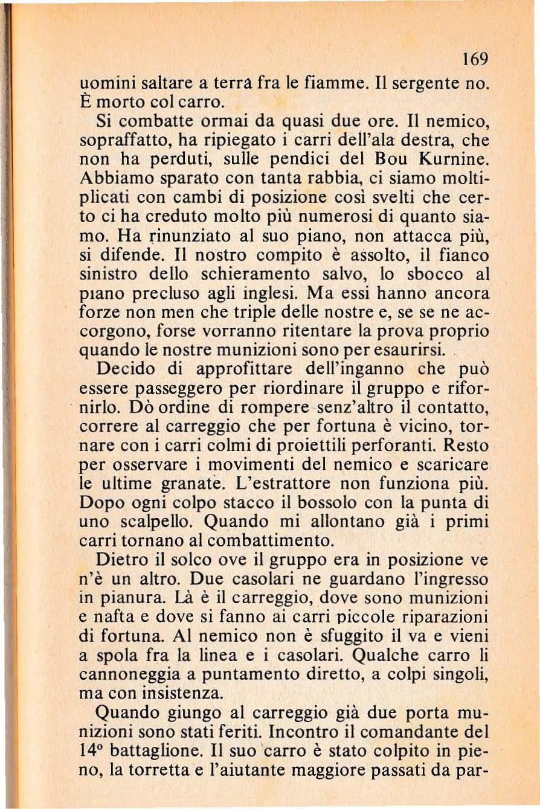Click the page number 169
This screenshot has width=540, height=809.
[472, 60]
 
